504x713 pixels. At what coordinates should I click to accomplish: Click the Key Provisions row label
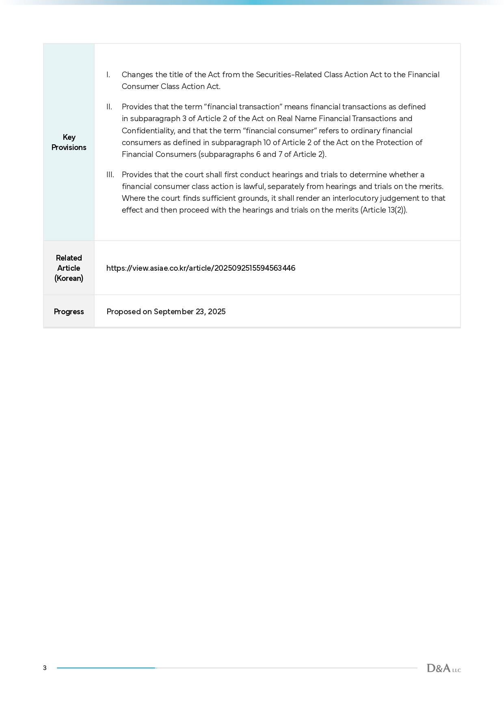[x=69, y=142]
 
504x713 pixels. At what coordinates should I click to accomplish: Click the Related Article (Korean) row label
[x=69, y=268]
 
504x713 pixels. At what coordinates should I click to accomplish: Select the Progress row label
[x=69, y=312]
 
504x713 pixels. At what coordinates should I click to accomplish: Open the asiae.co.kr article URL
[x=201, y=268]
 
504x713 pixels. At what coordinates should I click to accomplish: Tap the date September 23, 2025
[x=190, y=312]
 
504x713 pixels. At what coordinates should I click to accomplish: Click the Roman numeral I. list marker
[x=108, y=75]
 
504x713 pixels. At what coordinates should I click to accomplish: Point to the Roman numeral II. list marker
[x=109, y=107]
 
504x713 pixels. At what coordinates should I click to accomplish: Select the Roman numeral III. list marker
[x=110, y=175]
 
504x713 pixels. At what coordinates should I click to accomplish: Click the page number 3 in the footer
[x=45, y=668]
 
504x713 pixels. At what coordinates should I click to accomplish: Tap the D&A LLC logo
[x=443, y=668]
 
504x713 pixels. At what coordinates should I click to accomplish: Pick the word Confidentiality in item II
[x=148, y=131]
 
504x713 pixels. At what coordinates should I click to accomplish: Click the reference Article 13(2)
[x=383, y=210]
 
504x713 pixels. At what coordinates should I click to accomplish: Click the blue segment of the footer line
[x=106, y=668]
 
